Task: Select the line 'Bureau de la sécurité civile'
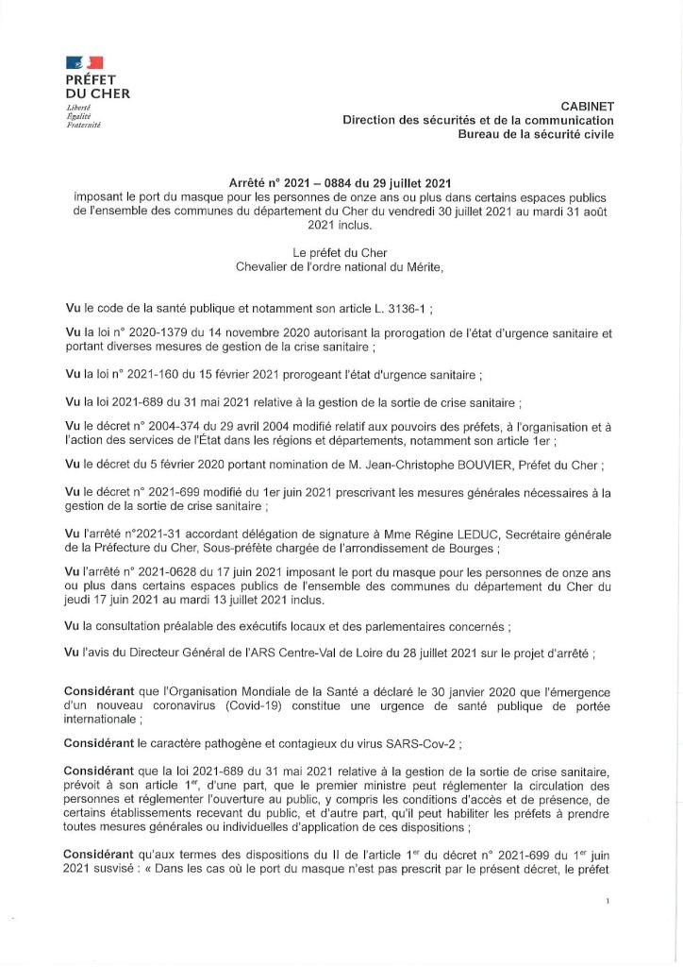535,135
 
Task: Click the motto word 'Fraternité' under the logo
84,125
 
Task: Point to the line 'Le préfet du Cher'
340,253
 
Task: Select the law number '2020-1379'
154,333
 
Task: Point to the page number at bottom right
608,902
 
